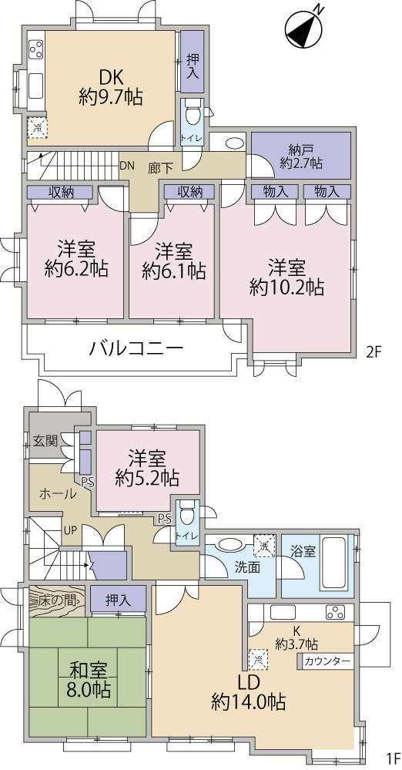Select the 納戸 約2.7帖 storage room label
[301, 156]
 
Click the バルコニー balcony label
[136, 348]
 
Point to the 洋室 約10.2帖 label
[286, 277]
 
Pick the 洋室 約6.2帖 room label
[75, 259]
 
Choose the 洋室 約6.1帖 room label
[173, 261]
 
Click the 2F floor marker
[374, 352]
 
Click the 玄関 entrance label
[45, 442]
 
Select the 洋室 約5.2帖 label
[147, 466]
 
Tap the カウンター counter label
[328, 661]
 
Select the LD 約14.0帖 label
[249, 691]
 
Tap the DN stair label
[128, 166]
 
